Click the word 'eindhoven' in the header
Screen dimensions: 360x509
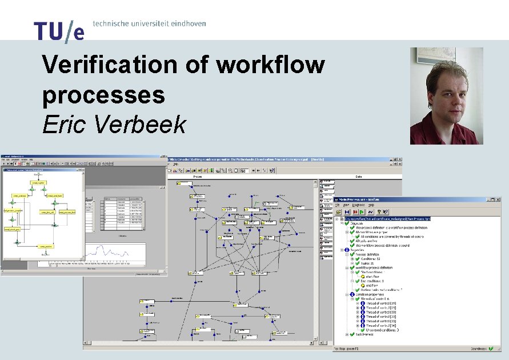pyautogui.click(x=185, y=23)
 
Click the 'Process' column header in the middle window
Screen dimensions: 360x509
pyautogui.click(x=198, y=177)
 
